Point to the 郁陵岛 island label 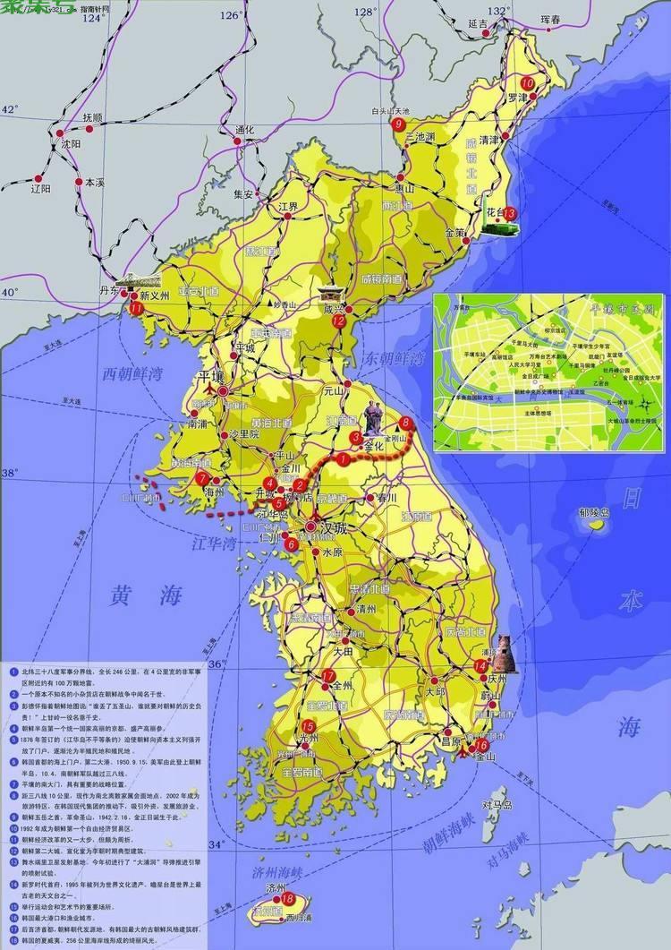click(x=593, y=513)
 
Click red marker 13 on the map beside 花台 click(x=510, y=213)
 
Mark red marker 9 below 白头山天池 click(x=398, y=124)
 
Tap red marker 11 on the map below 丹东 click(x=136, y=308)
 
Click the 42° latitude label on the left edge click(x=10, y=109)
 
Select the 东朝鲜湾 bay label click(x=392, y=360)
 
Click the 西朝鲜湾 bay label click(x=133, y=373)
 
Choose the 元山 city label click(x=333, y=390)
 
